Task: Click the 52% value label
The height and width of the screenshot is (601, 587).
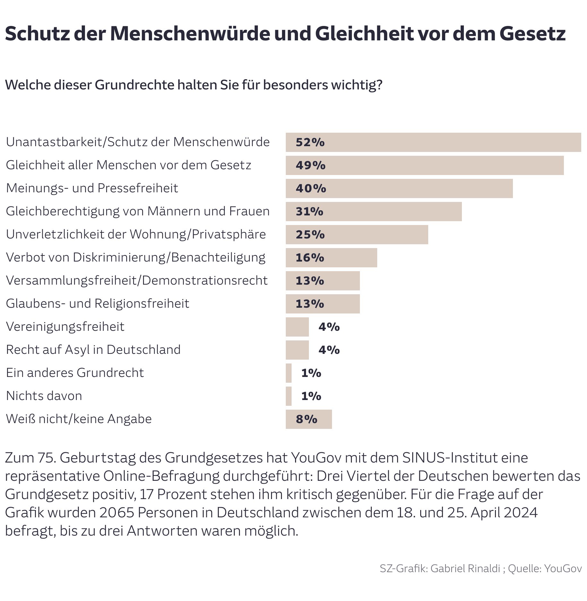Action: tap(310, 142)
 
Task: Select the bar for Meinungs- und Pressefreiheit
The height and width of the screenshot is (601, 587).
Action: tap(399, 188)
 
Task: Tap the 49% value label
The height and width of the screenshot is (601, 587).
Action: tap(310, 165)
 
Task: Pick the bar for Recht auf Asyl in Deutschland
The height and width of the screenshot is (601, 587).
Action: tap(297, 350)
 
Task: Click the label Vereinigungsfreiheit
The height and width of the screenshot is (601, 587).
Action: tap(65, 327)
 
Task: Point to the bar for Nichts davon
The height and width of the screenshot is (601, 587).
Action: tap(289, 396)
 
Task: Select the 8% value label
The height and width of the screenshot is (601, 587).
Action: tap(306, 419)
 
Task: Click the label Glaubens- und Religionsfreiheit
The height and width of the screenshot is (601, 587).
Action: tap(98, 304)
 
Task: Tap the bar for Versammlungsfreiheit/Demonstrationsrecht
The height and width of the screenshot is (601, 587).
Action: tap(323, 281)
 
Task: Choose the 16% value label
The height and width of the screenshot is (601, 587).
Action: tap(310, 258)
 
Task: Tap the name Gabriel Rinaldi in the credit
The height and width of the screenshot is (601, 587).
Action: tap(465, 568)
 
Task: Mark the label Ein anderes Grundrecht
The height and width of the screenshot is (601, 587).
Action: tap(75, 373)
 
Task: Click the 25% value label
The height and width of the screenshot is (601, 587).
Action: tap(310, 235)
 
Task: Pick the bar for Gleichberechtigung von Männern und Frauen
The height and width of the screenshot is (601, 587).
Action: tap(374, 212)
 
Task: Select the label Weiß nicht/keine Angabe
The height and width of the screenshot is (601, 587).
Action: tap(79, 419)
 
